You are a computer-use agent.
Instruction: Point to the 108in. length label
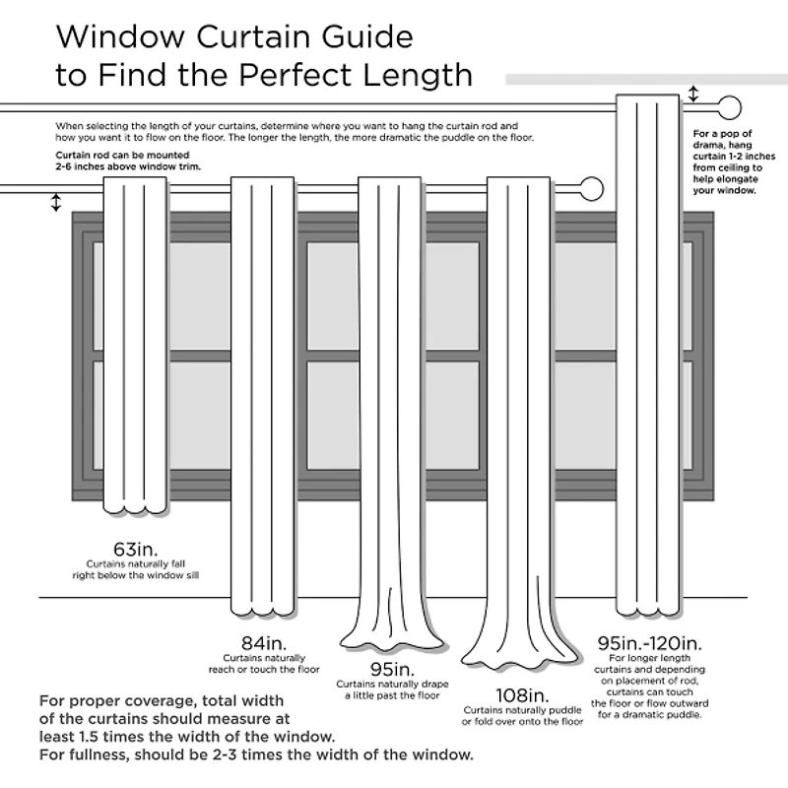click(522, 694)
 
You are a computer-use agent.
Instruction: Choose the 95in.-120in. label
click(649, 642)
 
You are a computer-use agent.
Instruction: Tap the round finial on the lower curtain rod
click(591, 187)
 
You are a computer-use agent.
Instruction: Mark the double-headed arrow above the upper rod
click(693, 95)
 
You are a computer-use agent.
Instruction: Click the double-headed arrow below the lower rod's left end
click(56, 202)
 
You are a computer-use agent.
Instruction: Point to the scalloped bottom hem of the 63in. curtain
click(135, 509)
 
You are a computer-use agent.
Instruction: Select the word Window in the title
click(121, 36)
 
